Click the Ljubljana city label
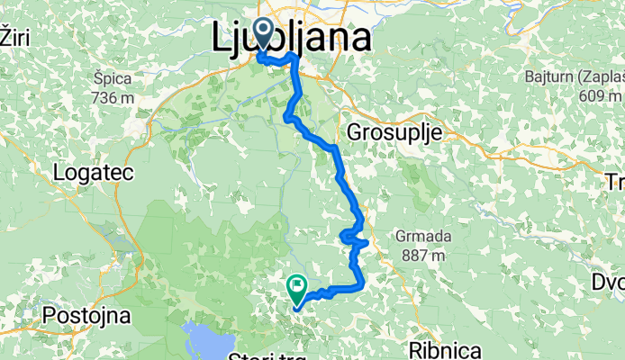pos(293,39)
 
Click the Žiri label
pos(11,37)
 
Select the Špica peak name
pos(113,78)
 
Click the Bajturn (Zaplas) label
pos(576,80)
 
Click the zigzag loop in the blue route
pos(354,238)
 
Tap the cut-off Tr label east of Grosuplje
pos(615,183)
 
